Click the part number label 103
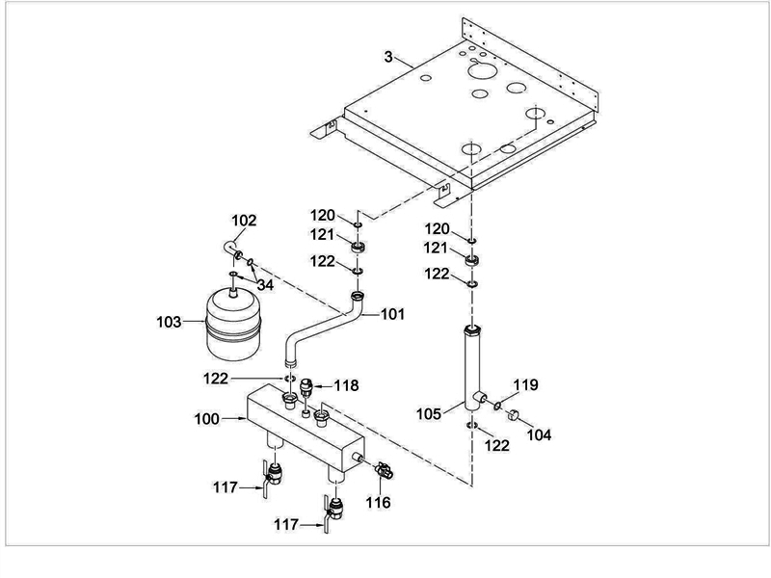point(169,321)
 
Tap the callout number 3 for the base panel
point(388,59)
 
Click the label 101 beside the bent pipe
point(392,313)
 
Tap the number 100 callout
point(206,419)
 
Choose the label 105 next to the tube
point(430,413)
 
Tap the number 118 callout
point(346,385)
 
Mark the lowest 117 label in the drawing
point(285,525)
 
